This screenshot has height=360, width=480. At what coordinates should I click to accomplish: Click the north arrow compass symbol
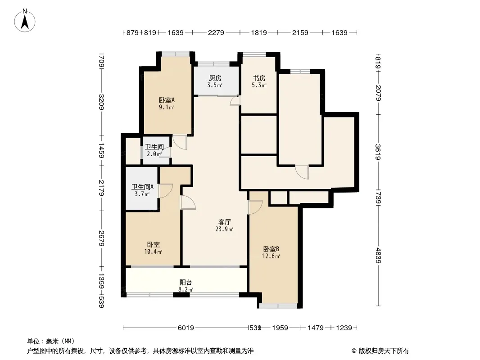click(26, 20)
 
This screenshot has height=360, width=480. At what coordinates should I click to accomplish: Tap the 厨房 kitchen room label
click(215, 78)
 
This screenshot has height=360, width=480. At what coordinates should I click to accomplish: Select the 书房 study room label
click(259, 78)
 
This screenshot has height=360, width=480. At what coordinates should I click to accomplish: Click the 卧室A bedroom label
click(166, 100)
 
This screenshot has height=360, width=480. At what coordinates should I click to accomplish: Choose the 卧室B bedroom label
click(272, 249)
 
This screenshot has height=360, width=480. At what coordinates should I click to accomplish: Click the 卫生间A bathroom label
click(142, 187)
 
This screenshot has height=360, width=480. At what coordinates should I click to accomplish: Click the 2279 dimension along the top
click(216, 32)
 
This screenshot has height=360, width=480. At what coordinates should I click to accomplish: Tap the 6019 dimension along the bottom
click(186, 328)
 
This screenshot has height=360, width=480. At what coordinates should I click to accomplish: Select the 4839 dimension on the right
click(378, 256)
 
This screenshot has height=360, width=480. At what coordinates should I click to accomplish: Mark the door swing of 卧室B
click(255, 207)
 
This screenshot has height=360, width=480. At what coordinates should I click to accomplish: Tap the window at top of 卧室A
click(175, 54)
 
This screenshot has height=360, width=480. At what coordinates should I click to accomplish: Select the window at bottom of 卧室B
click(278, 306)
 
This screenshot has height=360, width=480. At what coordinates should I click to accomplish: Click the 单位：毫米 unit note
click(51, 341)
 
